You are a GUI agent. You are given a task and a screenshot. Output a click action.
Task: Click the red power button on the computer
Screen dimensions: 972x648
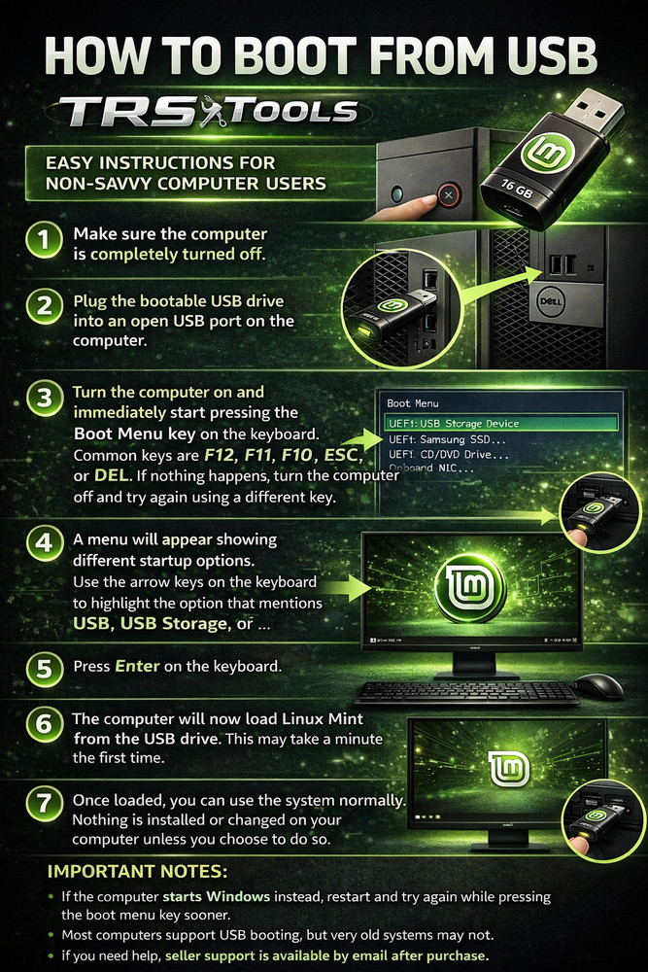tap(448, 195)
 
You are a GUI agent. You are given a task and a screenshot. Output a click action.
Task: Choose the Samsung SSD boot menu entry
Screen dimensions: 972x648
tap(447, 439)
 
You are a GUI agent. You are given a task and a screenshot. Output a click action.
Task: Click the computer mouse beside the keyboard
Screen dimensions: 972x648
tap(597, 685)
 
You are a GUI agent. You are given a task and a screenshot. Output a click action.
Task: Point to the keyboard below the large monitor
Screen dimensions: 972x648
tap(466, 692)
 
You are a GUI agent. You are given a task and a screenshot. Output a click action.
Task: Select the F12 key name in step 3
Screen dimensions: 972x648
tap(220, 455)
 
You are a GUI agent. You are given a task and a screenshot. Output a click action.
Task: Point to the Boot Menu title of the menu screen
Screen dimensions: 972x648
tap(413, 402)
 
